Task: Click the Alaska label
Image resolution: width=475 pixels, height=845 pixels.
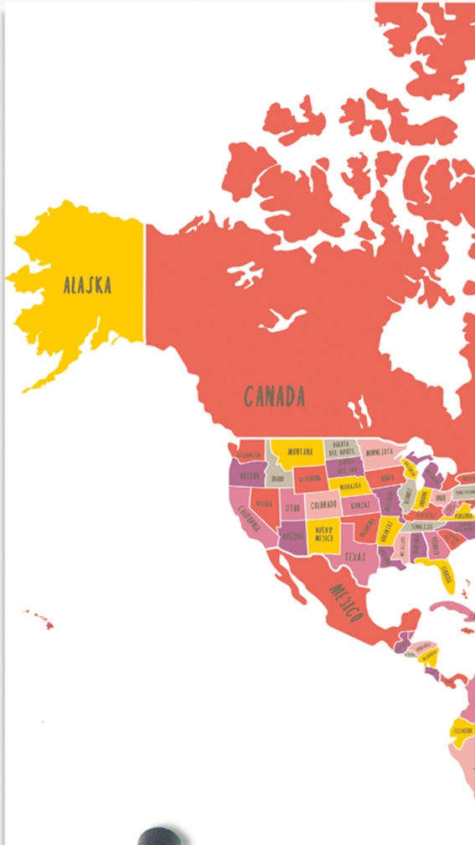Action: point(87,285)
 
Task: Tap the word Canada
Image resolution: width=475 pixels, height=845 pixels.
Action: point(274,396)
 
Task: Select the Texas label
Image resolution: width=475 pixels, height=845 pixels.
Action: point(355,555)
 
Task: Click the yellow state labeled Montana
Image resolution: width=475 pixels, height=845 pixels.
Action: point(300,452)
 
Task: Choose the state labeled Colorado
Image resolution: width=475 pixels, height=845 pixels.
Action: point(323,505)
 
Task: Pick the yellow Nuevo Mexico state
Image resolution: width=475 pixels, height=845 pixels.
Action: point(323,535)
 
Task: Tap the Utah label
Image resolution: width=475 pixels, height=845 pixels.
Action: point(292,508)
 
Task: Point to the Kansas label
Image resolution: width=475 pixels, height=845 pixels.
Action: point(360,505)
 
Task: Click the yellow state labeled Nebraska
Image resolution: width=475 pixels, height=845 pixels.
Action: point(350,486)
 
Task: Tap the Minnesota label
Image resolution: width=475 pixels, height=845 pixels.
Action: point(379,453)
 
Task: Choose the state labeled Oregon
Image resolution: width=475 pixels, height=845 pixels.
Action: point(249,476)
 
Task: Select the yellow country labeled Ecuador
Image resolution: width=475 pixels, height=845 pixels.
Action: point(462,730)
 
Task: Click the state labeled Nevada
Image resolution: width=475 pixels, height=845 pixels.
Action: point(264,503)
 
